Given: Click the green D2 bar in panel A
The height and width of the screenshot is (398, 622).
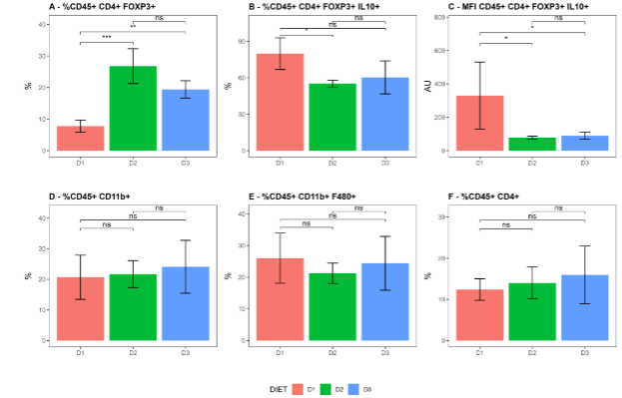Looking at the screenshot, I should pyautogui.click(x=132, y=109).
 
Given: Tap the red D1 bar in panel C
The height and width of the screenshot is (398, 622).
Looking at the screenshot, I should pyautogui.click(x=479, y=124).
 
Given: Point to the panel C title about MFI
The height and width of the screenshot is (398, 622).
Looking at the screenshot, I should pyautogui.click(x=511, y=6).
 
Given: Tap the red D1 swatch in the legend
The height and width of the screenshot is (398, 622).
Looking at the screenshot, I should pyautogui.click(x=297, y=387).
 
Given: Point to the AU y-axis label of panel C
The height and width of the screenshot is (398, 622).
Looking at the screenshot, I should pyautogui.click(x=428, y=86).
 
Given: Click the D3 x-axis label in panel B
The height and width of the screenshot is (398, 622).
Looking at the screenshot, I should pyautogui.click(x=384, y=161).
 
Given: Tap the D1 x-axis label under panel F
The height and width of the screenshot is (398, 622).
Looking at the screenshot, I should pyautogui.click(x=479, y=351).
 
